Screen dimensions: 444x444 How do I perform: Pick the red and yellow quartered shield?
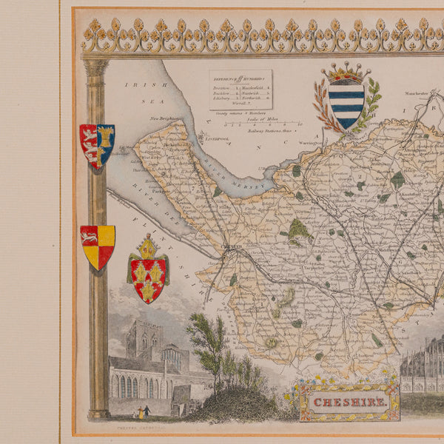click(98, 246)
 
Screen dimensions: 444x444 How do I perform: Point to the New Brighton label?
click(166, 118)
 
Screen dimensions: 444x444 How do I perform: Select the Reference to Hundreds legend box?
click(240, 90)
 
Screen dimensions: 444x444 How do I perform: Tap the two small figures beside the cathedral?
click(141, 411)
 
